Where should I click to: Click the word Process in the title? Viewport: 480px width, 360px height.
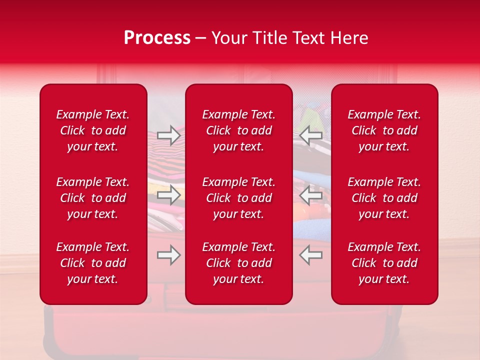pyautogui.click(x=157, y=38)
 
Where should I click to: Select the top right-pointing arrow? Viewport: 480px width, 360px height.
pyautogui.click(x=168, y=135)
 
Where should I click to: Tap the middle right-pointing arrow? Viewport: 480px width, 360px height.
pyautogui.click(x=168, y=195)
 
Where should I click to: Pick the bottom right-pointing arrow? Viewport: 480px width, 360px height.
pyautogui.click(x=168, y=255)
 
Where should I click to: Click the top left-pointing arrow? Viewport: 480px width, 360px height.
pyautogui.click(x=310, y=135)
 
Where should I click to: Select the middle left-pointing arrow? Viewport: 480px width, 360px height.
pyautogui.click(x=310, y=195)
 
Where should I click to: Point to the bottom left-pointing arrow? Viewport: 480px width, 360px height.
pyautogui.click(x=310, y=255)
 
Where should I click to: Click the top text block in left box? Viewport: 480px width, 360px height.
pyautogui.click(x=93, y=130)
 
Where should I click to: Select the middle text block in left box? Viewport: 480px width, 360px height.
pyautogui.click(x=93, y=198)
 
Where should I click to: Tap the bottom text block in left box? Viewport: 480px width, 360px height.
pyautogui.click(x=93, y=263)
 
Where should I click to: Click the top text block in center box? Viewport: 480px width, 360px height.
pyautogui.click(x=238, y=130)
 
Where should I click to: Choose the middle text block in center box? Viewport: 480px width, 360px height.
pyautogui.click(x=238, y=198)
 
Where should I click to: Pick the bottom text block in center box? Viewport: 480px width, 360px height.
pyautogui.click(x=238, y=263)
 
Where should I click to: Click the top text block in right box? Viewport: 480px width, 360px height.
pyautogui.click(x=384, y=130)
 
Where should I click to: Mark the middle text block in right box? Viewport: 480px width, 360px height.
pyautogui.click(x=384, y=198)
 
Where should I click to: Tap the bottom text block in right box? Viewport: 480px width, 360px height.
pyautogui.click(x=384, y=263)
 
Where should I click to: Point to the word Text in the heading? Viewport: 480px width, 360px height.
pyautogui.click(x=306, y=38)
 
